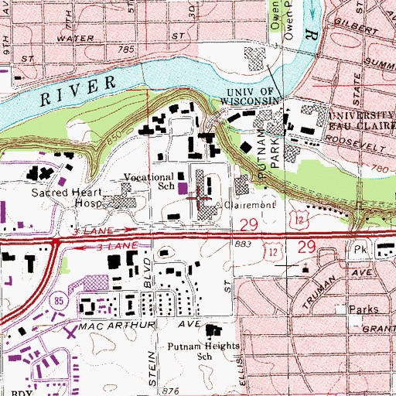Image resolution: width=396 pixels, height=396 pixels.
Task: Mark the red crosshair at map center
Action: [198, 198]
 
